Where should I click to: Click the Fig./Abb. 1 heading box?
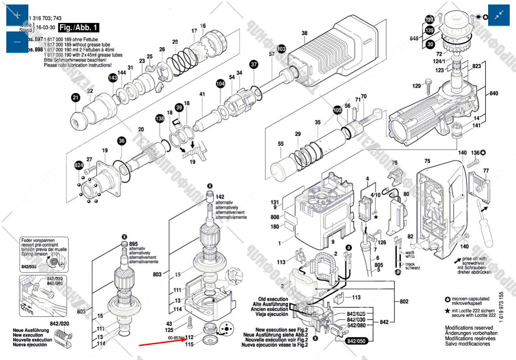coord(79,28)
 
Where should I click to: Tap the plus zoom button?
coord(17,15)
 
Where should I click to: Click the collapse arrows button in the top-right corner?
coord(499,15)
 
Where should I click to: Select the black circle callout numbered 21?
coord(76,98)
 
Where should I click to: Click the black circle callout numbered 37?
coord(254,65)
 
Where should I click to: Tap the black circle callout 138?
coord(160,119)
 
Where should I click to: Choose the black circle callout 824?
coord(79,166)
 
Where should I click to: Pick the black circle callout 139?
coord(430,31)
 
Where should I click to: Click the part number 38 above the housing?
coord(304,33)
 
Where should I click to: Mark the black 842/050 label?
coord(357,341)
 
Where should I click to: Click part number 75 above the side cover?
coord(427,161)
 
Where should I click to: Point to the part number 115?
coord(189,344)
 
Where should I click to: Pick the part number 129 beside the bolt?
coord(417,86)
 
